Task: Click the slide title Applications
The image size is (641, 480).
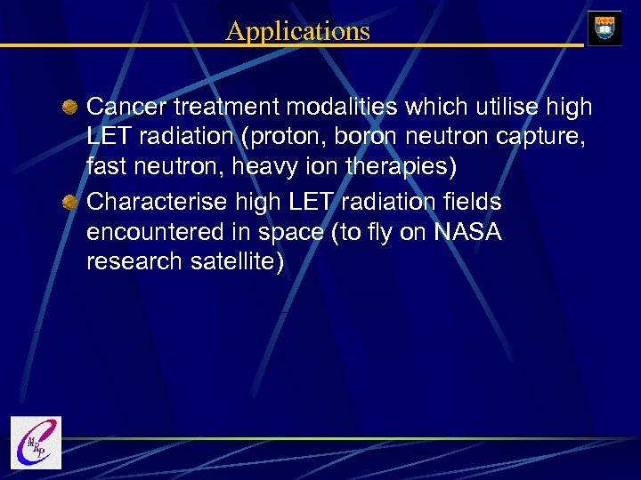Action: click(x=297, y=31)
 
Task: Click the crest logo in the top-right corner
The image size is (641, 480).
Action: click(x=604, y=27)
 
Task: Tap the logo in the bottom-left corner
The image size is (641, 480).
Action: click(x=36, y=442)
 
